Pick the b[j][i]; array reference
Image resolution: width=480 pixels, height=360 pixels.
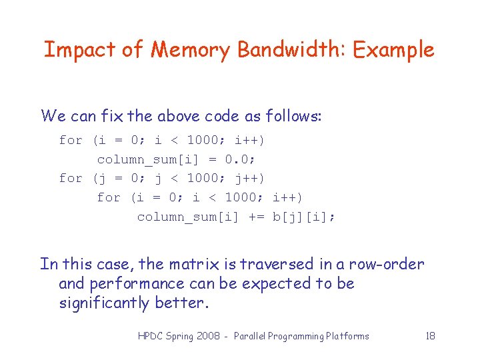click(304, 217)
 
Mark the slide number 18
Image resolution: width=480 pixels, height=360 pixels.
click(430, 336)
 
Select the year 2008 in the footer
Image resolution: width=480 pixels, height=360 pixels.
click(210, 336)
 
